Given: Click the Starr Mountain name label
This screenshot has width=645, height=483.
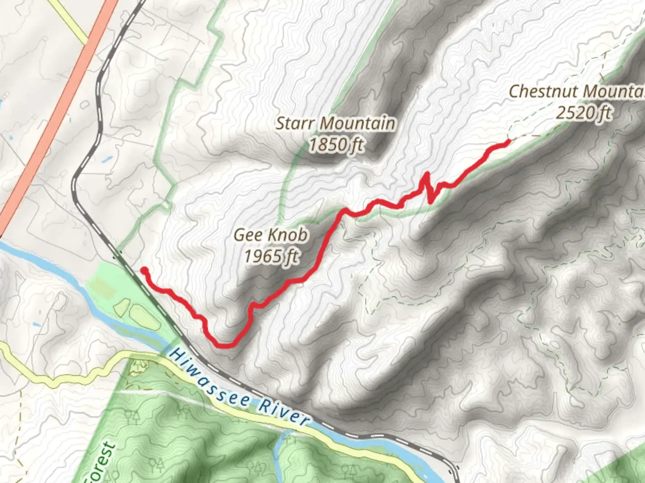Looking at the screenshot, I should click(x=335, y=123).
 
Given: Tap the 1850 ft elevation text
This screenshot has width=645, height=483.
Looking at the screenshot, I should click(x=336, y=144).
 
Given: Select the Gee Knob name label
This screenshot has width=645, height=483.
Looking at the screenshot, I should click(x=271, y=235).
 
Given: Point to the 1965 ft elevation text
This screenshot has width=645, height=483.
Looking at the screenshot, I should click(x=271, y=256).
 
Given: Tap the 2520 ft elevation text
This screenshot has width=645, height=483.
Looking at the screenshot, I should click(x=584, y=113).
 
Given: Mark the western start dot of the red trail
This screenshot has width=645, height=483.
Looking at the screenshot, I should click(x=144, y=270).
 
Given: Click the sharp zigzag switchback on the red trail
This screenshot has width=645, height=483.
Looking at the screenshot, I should click(x=428, y=188).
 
